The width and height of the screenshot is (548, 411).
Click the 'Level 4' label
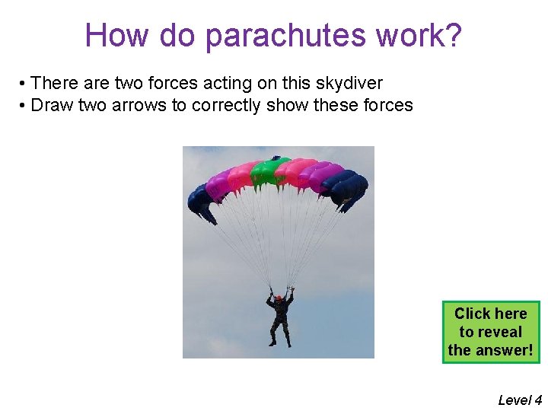click(520, 400)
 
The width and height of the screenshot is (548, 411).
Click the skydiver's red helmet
click(279, 298)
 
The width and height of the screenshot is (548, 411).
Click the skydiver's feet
click(279, 343)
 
